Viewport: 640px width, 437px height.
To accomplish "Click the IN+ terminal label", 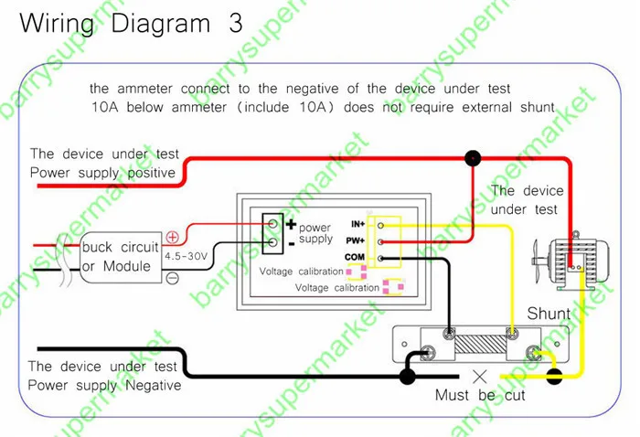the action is click(x=358, y=224).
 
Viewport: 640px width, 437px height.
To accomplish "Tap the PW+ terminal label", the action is click(x=355, y=240).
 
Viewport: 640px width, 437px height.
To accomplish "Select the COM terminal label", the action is click(x=355, y=257).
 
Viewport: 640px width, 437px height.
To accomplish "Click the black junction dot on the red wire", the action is click(x=473, y=158).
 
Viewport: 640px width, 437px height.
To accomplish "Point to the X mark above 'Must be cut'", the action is click(x=479, y=377).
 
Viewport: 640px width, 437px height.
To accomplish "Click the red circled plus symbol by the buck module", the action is click(x=172, y=237).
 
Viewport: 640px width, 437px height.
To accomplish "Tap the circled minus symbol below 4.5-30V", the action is click(x=173, y=278).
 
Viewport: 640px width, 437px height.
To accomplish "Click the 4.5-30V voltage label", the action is click(x=186, y=257).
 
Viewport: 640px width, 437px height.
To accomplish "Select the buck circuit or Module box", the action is click(x=121, y=257).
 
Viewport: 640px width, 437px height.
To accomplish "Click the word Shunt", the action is click(x=549, y=314).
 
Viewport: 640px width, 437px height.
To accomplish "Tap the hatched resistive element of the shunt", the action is click(x=480, y=345).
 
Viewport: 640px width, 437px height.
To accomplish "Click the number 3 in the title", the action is click(x=236, y=23).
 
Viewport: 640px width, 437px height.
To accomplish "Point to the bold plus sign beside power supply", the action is click(x=291, y=224).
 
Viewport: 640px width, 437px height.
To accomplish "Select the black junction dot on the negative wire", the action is click(x=407, y=376).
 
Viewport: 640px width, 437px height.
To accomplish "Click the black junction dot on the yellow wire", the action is click(x=554, y=376).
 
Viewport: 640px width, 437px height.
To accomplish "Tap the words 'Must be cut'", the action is click(x=480, y=395).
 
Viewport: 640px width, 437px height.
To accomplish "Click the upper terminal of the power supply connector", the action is click(x=272, y=224).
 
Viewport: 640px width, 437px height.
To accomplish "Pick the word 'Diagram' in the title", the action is click(x=160, y=25).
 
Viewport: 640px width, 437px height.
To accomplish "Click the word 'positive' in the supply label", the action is click(x=152, y=173).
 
